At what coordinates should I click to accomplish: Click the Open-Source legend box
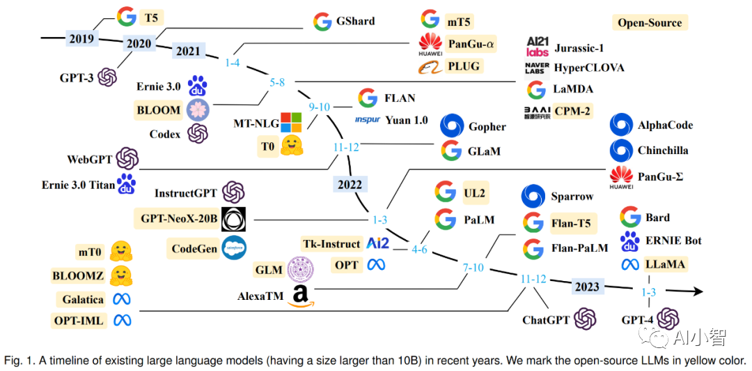pyautogui.click(x=650, y=22)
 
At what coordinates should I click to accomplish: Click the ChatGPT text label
pyautogui.click(x=546, y=320)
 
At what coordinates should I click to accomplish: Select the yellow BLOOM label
pyautogui.click(x=159, y=109)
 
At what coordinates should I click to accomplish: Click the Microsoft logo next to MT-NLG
pyautogui.click(x=290, y=123)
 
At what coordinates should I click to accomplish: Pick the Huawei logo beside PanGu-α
pyautogui.click(x=430, y=44)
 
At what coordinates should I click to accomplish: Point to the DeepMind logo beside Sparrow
pyautogui.click(x=533, y=197)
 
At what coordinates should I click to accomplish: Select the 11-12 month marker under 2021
pyautogui.click(x=346, y=147)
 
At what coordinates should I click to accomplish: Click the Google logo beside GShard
pyautogui.click(x=322, y=21)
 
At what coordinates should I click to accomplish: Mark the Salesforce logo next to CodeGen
pyautogui.click(x=233, y=248)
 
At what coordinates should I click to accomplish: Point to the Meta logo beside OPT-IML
pyautogui.click(x=123, y=320)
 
